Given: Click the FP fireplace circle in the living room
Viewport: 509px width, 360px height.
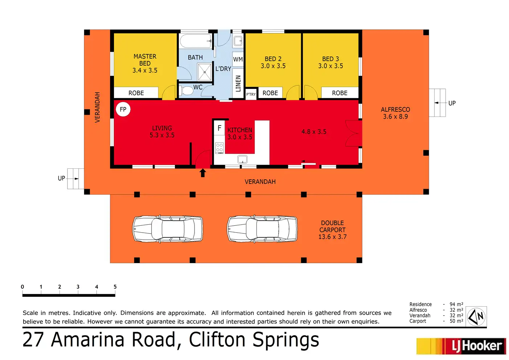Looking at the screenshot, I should pyautogui.click(x=123, y=109).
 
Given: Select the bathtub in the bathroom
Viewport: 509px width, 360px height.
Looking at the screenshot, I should pyautogui.click(x=195, y=41).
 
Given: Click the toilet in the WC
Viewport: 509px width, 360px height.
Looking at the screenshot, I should pyautogui.click(x=186, y=90).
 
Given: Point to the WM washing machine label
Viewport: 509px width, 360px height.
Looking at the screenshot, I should pyautogui.click(x=238, y=60).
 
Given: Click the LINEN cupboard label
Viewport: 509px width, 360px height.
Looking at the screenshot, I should pyautogui.click(x=238, y=83).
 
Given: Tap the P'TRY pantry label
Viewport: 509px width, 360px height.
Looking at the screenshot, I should pyautogui.click(x=251, y=94).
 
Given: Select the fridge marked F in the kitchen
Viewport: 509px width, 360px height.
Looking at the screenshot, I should pyautogui.click(x=219, y=128).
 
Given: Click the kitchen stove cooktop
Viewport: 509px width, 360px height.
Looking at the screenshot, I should pyautogui.click(x=219, y=148).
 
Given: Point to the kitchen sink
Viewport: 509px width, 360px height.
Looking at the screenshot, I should pyautogui.click(x=242, y=159).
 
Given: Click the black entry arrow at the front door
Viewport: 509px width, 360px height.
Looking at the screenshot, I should pyautogui.click(x=203, y=173).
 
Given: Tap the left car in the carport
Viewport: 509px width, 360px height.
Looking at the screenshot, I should pyautogui.click(x=168, y=229).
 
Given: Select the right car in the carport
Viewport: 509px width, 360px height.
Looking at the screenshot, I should pyautogui.click(x=262, y=229).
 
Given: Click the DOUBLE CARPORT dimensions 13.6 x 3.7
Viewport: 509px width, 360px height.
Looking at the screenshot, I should pyautogui.click(x=332, y=237).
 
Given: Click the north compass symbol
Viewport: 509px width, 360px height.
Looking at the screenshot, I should pyautogui.click(x=476, y=316).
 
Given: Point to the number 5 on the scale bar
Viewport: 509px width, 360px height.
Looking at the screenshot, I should pyautogui.click(x=115, y=287).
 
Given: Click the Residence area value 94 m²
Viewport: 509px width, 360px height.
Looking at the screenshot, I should pyautogui.click(x=456, y=304).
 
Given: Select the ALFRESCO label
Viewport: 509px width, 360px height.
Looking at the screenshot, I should pyautogui.click(x=395, y=110).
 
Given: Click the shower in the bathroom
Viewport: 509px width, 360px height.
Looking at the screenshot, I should pyautogui.click(x=205, y=72).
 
